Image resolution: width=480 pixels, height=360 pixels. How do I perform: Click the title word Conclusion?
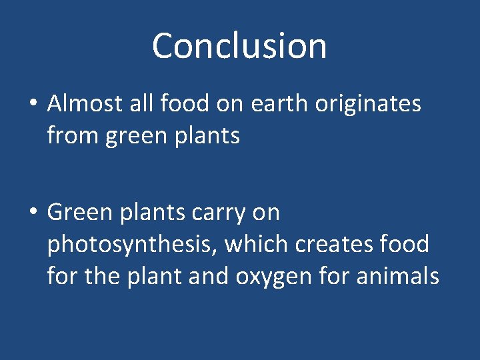(239, 46)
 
